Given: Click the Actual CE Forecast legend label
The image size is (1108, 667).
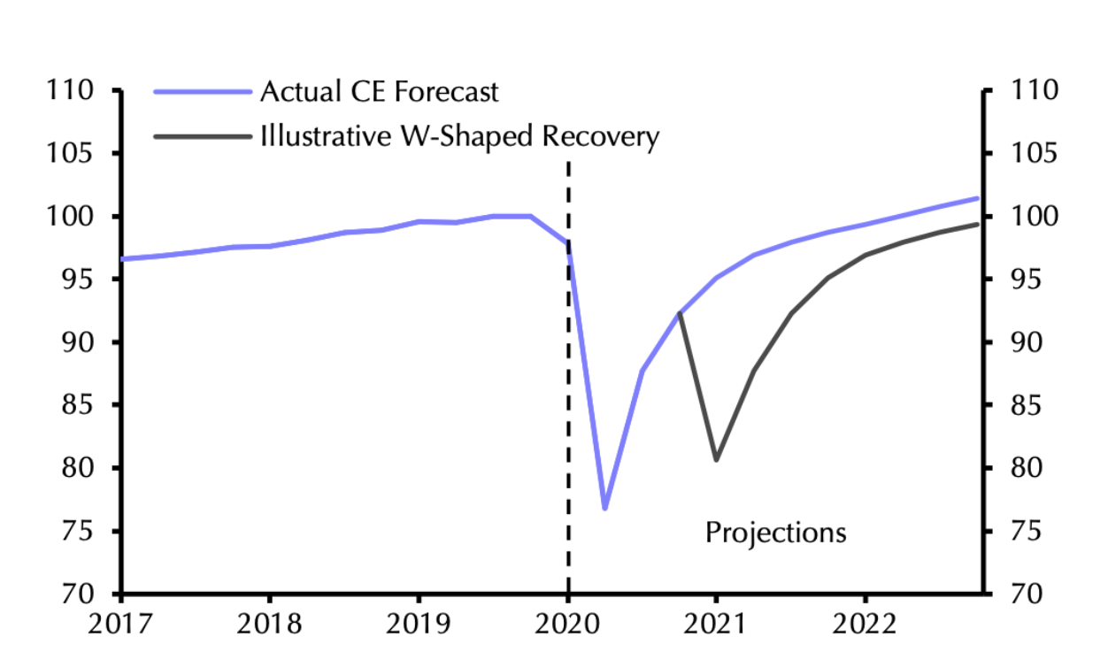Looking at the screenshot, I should [379, 92].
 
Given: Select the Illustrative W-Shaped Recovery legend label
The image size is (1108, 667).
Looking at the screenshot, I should [459, 137].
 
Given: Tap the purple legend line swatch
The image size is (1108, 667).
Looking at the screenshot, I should [202, 92].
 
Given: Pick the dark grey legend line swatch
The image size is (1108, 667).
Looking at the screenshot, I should [202, 137].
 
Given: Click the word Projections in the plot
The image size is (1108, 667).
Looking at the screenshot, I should [775, 533].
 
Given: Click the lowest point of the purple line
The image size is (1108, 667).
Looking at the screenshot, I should [605, 509].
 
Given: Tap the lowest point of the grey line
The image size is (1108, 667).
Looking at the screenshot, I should [716, 460].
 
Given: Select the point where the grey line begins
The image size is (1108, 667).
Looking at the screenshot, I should [679, 313].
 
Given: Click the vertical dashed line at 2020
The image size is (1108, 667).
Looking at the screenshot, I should [568, 398].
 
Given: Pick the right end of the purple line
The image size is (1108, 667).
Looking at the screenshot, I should [978, 198].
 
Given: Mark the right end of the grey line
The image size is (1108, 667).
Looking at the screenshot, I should [978, 224].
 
